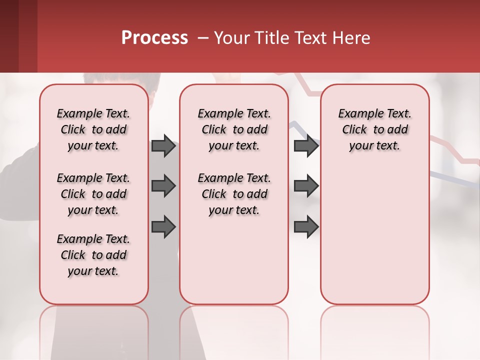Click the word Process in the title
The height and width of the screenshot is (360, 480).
click(154, 38)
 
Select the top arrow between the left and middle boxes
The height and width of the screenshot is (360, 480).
click(163, 146)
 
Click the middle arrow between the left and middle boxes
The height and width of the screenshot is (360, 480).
click(163, 186)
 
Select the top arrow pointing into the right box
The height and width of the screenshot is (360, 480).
click(306, 146)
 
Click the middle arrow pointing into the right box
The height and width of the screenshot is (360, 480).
click(306, 186)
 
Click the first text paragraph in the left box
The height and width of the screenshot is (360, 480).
click(93, 129)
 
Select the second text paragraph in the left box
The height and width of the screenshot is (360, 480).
click(93, 194)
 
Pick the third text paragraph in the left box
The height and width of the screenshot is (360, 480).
click(93, 255)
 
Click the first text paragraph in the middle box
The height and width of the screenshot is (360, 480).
click(234, 129)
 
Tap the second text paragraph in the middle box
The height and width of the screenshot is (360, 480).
click(234, 194)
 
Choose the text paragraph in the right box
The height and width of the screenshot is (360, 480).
click(375, 129)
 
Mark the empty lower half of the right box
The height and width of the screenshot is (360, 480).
click(375, 240)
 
